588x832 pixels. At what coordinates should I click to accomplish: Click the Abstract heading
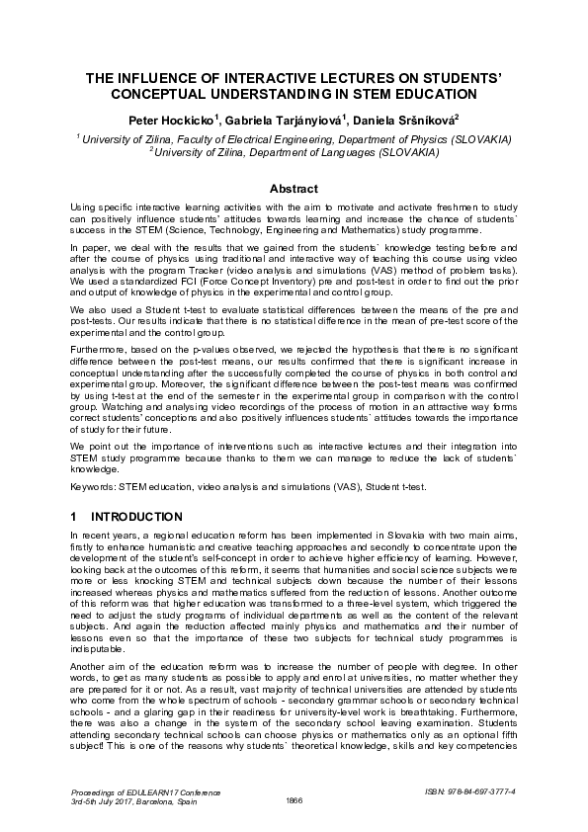tap(294, 189)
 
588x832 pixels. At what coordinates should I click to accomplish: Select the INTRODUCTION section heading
tap(136, 517)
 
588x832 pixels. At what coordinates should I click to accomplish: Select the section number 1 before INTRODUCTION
tap(74, 517)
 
